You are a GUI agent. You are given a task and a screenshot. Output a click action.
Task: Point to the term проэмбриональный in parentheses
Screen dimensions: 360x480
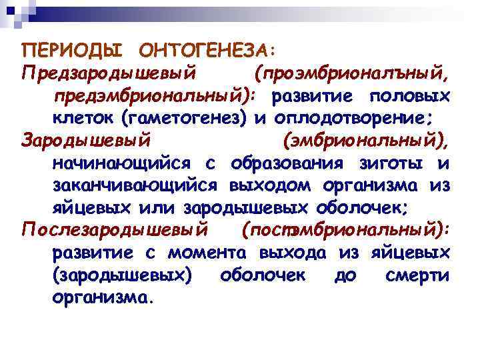point(353,73)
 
